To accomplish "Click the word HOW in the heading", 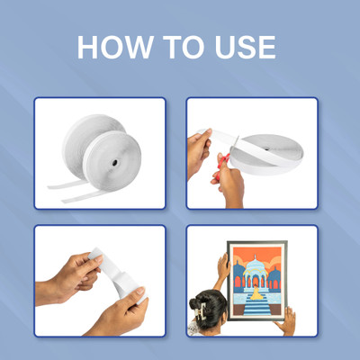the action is click(114, 48).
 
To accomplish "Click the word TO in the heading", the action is click(184, 48).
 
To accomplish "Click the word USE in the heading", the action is click(245, 48).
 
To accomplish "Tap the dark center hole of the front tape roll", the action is click(115, 163).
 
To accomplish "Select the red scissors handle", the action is click(223, 165).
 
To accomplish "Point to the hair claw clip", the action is click(201, 310).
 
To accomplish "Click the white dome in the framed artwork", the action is click(255, 265).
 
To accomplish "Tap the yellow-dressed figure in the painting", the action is click(256, 293).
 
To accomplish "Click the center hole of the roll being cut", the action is click(266, 148).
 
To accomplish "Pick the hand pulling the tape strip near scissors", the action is click(199, 151).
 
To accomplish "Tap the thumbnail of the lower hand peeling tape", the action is click(140, 291).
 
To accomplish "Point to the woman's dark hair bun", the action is click(208, 309).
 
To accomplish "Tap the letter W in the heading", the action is click(137, 48).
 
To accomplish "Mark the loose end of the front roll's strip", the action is click(64, 200).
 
